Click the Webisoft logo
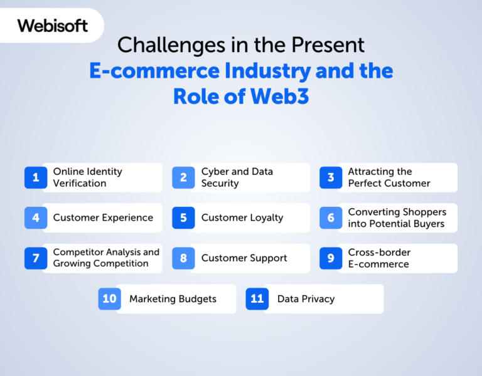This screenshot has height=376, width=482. click(x=52, y=26)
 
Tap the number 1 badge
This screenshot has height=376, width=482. click(x=36, y=177)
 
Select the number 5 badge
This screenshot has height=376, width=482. click(x=183, y=218)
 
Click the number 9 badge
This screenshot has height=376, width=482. click(x=331, y=258)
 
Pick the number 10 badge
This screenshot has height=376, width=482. click(x=109, y=299)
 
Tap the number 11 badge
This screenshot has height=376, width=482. click(x=257, y=299)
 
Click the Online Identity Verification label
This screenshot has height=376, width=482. click(x=87, y=177)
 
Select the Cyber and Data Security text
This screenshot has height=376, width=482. click(x=237, y=177)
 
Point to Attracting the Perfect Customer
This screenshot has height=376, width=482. click(x=389, y=177)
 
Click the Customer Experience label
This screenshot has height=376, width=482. click(x=103, y=218)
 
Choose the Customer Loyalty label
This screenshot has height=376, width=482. click(x=242, y=218)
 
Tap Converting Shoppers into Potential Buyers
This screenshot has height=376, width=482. click(x=397, y=218)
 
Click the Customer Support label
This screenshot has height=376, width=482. click(x=244, y=258)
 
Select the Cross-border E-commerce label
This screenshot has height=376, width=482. click(x=379, y=258)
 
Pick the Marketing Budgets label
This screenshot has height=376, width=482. click(x=173, y=299)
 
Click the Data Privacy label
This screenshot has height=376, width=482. click(x=306, y=299)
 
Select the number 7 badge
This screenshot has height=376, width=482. click(x=36, y=258)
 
